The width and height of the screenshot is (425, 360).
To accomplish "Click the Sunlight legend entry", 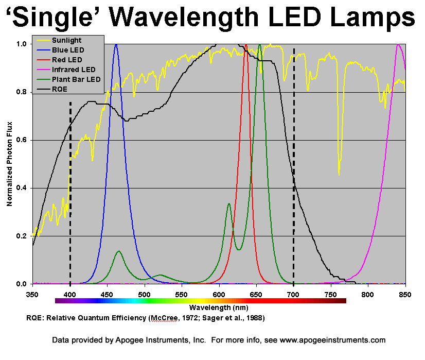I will click(67, 40).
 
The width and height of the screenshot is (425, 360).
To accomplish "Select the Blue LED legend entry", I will click(68, 50).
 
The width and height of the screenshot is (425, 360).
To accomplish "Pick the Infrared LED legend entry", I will click(74, 70).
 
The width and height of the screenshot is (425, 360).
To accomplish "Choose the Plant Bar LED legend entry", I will click(76, 79).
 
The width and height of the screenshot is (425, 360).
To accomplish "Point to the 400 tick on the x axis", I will click(70, 295).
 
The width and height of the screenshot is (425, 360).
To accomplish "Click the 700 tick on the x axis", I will click(293, 295).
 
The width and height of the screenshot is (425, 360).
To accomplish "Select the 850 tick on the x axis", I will click(405, 295).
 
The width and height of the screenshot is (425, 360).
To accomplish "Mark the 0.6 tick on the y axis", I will click(22, 141).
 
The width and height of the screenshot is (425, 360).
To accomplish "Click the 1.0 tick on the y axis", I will click(22, 44).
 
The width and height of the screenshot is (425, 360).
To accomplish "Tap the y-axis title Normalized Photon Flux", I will click(9, 164).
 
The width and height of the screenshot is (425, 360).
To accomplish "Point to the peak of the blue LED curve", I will click(116, 45).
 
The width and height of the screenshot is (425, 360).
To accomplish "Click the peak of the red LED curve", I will click(246, 45).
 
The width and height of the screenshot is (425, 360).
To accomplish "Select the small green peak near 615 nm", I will click(228, 204).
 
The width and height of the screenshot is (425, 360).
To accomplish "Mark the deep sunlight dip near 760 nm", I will click(339, 174).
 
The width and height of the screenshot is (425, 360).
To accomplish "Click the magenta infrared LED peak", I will click(398, 45).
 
